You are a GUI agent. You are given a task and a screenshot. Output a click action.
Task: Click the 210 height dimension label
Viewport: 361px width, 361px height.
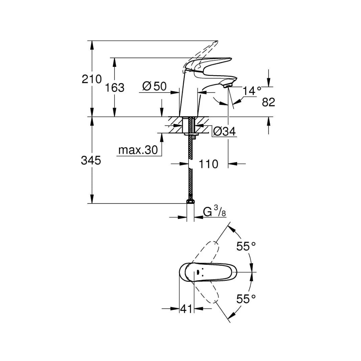(x=91, y=79)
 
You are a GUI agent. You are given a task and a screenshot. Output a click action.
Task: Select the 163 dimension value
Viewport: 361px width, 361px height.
(x=114, y=88)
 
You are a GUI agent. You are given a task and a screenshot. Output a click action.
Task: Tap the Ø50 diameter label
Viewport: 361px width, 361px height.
(x=154, y=86)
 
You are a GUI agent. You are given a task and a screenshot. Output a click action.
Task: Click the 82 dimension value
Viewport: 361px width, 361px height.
(x=268, y=102)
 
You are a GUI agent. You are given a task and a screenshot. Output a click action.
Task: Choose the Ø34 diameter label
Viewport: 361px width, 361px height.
(x=224, y=132)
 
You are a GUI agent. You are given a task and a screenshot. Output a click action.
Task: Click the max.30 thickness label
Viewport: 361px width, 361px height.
(x=138, y=150)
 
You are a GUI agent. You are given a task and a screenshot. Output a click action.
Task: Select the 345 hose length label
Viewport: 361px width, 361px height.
(x=91, y=160)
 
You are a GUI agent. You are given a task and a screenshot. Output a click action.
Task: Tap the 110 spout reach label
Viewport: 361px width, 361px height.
(x=208, y=164)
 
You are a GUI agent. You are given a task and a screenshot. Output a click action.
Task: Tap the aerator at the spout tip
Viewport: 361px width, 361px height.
(x=228, y=86)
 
